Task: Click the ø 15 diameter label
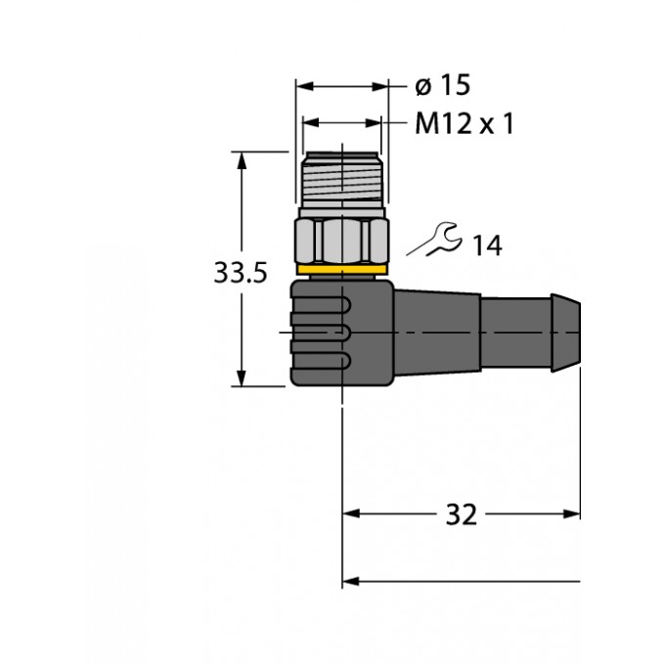coord(443,85)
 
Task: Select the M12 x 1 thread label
coord(465,123)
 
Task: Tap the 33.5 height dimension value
coord(241,272)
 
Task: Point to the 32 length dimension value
coord(461,514)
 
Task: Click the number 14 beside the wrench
coord(487,245)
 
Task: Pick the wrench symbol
coord(434,240)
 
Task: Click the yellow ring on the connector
coord(342,269)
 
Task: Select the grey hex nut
coord(342,241)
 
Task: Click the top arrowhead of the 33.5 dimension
coord(242,159)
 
